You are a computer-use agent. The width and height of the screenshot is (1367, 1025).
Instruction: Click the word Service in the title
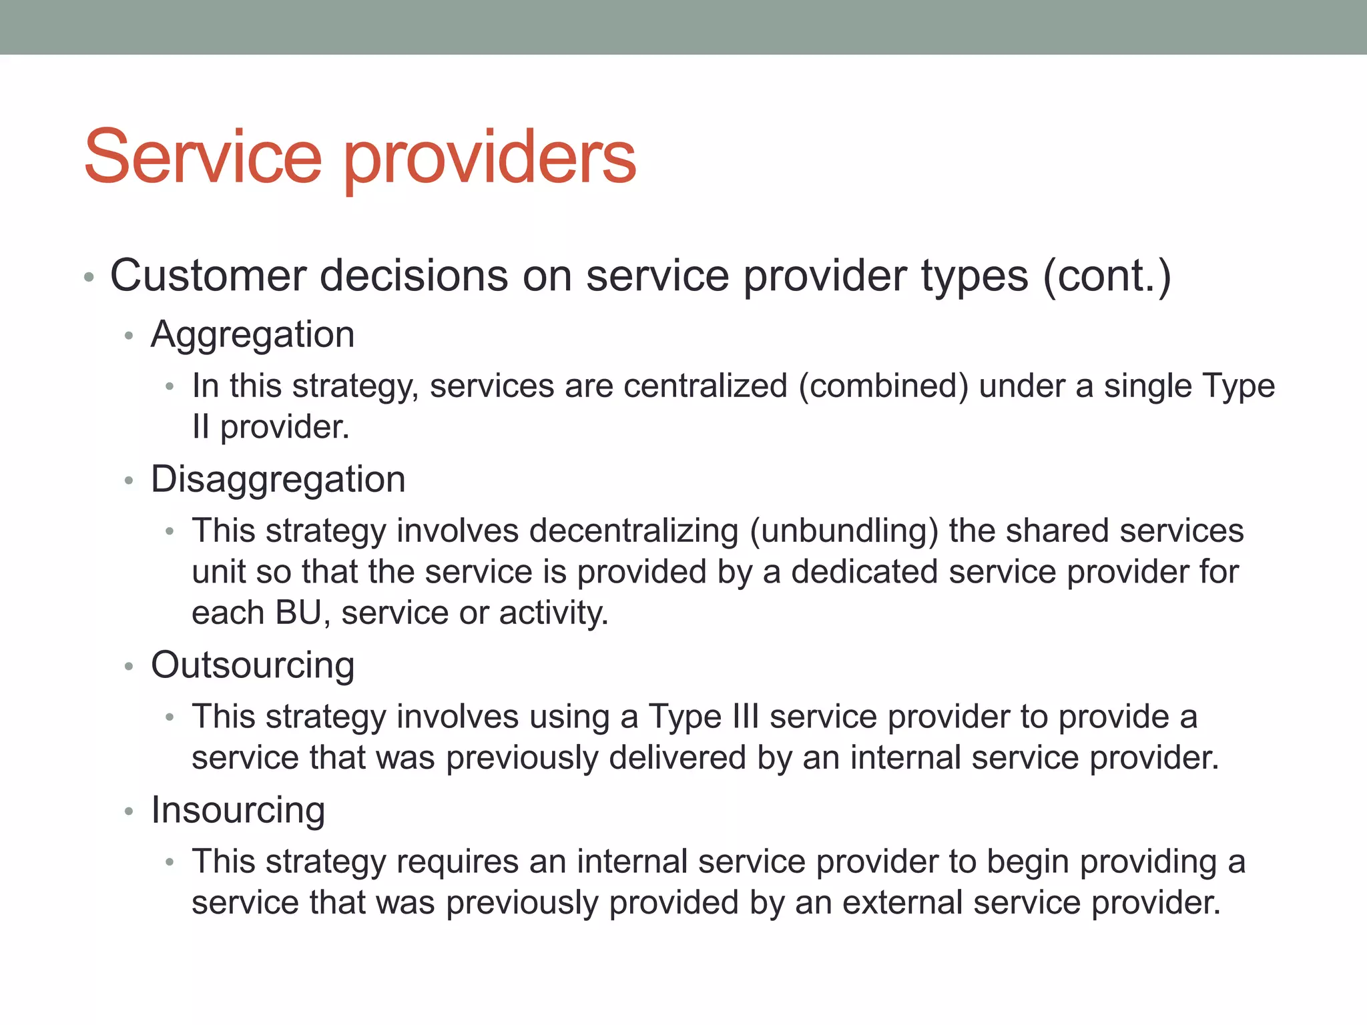point(203,157)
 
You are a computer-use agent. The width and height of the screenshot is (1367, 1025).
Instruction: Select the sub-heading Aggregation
point(252,334)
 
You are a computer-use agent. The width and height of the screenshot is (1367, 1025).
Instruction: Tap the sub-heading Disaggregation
point(278,479)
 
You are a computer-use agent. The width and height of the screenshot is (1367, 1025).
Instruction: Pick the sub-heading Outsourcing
point(252,665)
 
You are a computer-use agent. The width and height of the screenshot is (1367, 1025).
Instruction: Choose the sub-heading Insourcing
point(238,810)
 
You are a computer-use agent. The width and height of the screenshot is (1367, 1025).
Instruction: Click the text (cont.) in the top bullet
point(1106,276)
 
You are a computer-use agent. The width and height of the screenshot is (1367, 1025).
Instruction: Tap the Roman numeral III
point(745,717)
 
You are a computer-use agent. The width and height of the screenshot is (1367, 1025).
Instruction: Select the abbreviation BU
point(298,613)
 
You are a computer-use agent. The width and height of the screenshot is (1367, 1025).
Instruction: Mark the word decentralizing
point(633,531)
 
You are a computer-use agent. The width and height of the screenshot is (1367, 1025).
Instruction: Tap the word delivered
point(677,757)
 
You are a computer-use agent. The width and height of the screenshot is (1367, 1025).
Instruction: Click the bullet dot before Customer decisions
point(89,277)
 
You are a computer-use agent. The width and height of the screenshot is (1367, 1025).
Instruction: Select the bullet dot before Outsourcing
point(129,666)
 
